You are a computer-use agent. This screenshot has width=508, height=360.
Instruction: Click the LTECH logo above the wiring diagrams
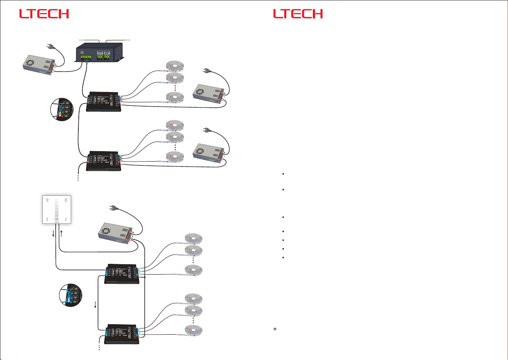point(44,14)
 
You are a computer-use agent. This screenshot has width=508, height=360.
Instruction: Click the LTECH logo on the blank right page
point(298,14)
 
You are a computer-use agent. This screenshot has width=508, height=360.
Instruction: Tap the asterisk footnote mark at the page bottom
point(275,330)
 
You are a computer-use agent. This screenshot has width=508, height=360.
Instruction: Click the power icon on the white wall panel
point(66,200)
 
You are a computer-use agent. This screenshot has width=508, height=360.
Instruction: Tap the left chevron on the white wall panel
point(47,219)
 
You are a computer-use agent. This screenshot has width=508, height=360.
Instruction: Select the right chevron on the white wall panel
point(66,219)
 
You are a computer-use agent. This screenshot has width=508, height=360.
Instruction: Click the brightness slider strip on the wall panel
point(56,210)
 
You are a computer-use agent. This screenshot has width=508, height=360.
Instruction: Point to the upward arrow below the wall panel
point(61,233)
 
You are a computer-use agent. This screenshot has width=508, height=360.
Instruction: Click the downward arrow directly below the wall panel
point(53,233)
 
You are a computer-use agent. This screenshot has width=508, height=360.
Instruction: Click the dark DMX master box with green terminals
point(100,53)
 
